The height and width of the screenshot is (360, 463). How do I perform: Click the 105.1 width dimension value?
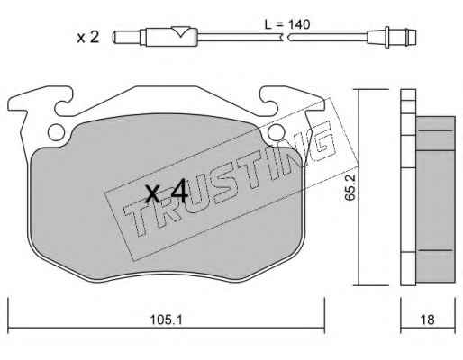(166, 319)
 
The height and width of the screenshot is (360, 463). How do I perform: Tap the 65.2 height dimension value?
(350, 187)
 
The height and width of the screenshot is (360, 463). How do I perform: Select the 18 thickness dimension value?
(427, 319)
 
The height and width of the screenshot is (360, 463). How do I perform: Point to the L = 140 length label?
(287, 24)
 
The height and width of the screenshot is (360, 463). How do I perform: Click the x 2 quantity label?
(87, 38)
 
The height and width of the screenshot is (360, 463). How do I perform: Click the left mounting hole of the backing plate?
(56, 132)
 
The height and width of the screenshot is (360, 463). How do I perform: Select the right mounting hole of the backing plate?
(277, 132)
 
